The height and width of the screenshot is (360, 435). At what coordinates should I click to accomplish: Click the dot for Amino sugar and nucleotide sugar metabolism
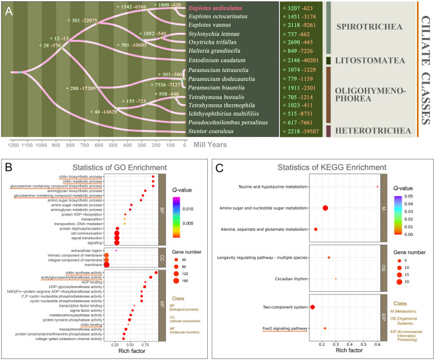pyautogui.click(x=325, y=208)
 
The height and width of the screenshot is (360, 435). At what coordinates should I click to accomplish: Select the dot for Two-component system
pyautogui.click(x=313, y=307)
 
